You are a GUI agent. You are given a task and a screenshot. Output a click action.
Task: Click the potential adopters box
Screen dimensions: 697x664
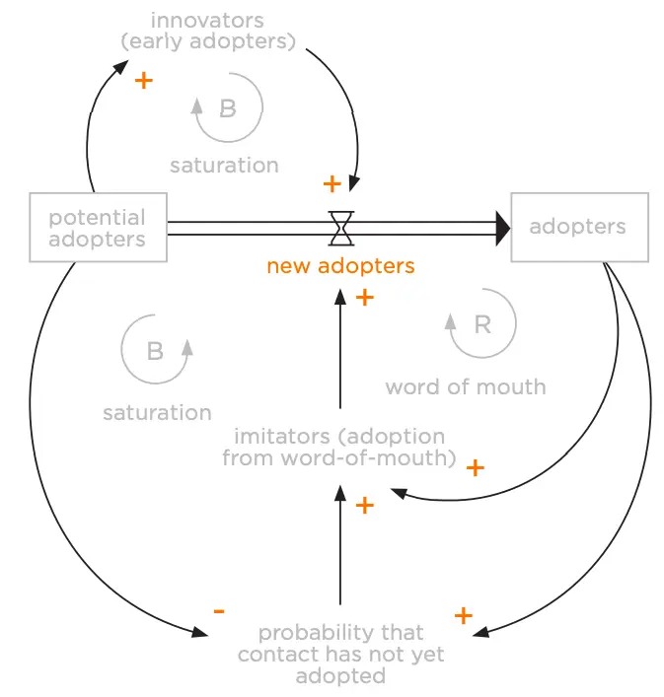[x=98, y=228]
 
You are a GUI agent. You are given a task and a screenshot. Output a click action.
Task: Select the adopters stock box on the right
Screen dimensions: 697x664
[x=579, y=228]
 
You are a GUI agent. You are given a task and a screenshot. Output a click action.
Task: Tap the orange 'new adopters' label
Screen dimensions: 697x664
[x=340, y=266]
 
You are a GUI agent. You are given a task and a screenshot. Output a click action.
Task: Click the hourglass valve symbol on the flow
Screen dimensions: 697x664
[x=341, y=227]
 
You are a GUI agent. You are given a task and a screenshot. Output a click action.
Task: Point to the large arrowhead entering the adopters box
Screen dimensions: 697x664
[x=501, y=229]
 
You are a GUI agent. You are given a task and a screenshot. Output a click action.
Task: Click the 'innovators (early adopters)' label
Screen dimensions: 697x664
[x=223, y=31]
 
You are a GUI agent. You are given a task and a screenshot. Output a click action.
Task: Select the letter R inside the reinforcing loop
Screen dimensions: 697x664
[x=482, y=324]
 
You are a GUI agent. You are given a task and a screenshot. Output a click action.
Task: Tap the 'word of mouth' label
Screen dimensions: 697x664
[x=466, y=386]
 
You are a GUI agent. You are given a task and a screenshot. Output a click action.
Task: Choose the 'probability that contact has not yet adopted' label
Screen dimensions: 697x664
[x=340, y=655]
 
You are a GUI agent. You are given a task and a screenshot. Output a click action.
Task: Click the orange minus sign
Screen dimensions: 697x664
[x=219, y=610]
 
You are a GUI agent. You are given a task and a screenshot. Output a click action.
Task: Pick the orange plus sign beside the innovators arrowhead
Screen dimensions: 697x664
[x=144, y=80]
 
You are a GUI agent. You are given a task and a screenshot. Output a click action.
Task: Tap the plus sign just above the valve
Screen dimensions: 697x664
[x=332, y=183]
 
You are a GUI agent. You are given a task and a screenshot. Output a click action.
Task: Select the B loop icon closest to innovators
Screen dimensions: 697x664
[x=228, y=109]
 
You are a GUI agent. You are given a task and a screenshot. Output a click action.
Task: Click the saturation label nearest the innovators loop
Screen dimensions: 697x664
[x=224, y=166]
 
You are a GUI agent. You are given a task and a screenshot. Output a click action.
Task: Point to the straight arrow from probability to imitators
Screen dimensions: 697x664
[x=340, y=547]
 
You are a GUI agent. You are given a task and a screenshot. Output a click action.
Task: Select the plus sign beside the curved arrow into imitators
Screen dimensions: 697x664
[x=476, y=467]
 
